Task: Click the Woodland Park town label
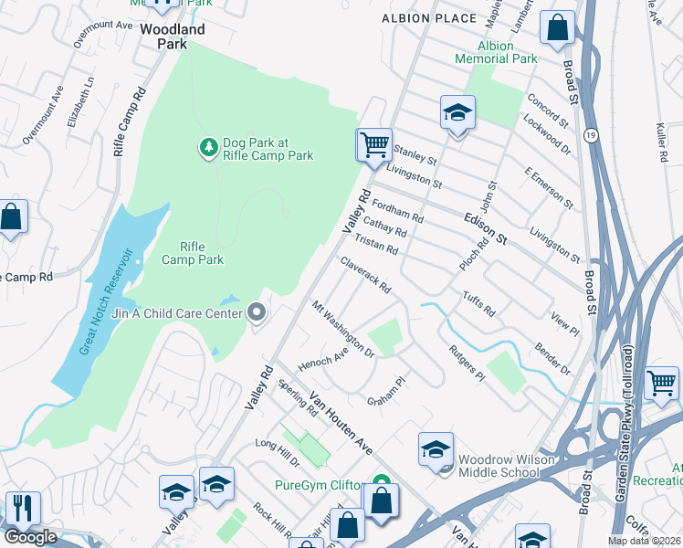pos(173,37)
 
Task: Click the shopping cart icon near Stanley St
pos(373,145)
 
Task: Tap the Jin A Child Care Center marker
pos(257,313)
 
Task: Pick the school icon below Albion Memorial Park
pos(457,113)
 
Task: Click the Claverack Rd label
pos(366,274)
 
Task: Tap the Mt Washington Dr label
pos(343,328)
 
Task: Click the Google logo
pos(29,537)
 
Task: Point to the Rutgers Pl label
pos(467,364)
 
